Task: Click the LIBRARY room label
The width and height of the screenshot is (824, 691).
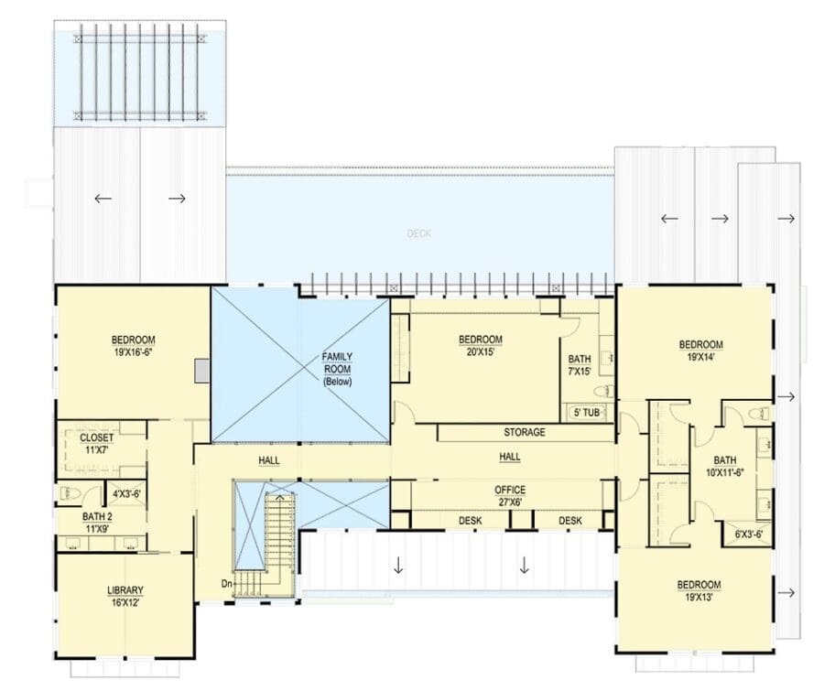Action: click(x=125, y=590)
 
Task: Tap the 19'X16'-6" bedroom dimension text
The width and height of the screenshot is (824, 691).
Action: click(x=133, y=352)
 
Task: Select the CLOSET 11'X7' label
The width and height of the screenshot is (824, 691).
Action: click(x=97, y=444)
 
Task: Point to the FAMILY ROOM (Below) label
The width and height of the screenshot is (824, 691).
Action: click(x=337, y=370)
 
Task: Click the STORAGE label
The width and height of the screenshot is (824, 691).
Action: click(x=525, y=432)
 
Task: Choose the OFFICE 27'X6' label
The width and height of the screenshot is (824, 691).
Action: click(x=510, y=496)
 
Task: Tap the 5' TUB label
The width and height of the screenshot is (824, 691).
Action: click(x=587, y=413)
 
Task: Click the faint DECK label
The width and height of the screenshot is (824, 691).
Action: click(x=418, y=233)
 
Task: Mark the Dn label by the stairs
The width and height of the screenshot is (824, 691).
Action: click(x=227, y=583)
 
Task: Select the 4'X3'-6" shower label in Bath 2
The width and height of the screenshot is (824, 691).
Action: click(x=126, y=494)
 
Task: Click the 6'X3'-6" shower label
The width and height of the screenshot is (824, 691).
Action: click(x=749, y=534)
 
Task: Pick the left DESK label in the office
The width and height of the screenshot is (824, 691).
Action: click(x=471, y=520)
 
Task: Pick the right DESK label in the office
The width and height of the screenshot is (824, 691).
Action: click(x=570, y=520)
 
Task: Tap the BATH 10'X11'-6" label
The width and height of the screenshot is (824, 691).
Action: click(x=725, y=466)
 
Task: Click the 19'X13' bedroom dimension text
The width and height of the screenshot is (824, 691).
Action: click(x=699, y=598)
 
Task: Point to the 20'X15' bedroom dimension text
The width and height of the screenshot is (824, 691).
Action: click(x=481, y=352)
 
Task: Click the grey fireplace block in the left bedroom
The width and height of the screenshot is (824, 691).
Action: click(x=202, y=371)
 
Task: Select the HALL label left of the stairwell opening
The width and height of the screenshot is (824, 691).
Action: click(x=269, y=461)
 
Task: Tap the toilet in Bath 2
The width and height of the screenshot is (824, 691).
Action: click(x=69, y=494)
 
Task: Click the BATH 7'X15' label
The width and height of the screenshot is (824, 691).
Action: click(x=580, y=365)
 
